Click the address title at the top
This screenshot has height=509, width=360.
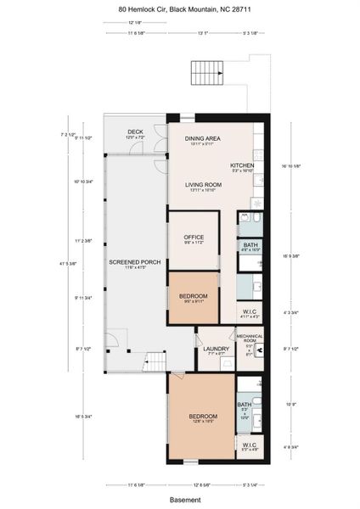pyautogui.click(x=179, y=9)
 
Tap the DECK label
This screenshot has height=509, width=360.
pyautogui.click(x=135, y=132)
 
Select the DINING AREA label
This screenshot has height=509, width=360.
pyautogui.click(x=204, y=137)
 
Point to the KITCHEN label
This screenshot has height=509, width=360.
pyautogui.click(x=243, y=165)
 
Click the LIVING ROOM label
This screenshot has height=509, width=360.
pyautogui.click(x=204, y=185)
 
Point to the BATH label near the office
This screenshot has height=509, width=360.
pyautogui.click(x=250, y=245)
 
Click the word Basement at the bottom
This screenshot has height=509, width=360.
pyautogui.click(x=180, y=500)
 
